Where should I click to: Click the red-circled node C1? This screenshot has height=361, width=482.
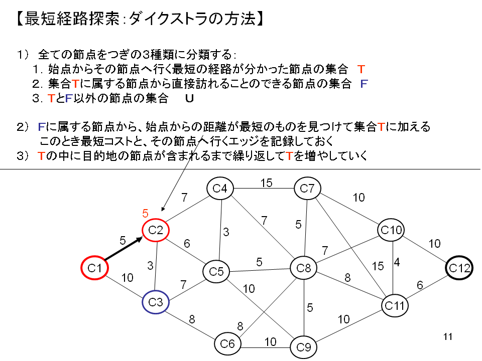coord(95,268)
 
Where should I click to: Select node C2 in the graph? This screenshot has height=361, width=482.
coord(156,230)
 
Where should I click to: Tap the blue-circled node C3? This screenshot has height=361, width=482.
coord(156,302)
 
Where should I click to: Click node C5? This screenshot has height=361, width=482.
coord(216,272)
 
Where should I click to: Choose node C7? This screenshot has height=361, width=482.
coord(307,189)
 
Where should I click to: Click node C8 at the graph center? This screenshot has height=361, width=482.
coord(304,268)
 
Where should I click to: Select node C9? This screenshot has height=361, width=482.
coord(304,346)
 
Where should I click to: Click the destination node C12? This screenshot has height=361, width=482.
coord(459,268)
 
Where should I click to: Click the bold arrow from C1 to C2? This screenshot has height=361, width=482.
coord(125,250)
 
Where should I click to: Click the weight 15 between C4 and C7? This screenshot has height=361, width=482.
coord(266,183)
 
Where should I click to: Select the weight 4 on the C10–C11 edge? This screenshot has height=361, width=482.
coord(397,262)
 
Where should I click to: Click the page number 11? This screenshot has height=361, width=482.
coord(448,336)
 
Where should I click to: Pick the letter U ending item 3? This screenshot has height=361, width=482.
coord(189,99)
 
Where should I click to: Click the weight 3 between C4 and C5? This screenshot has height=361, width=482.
coord(226,232)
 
